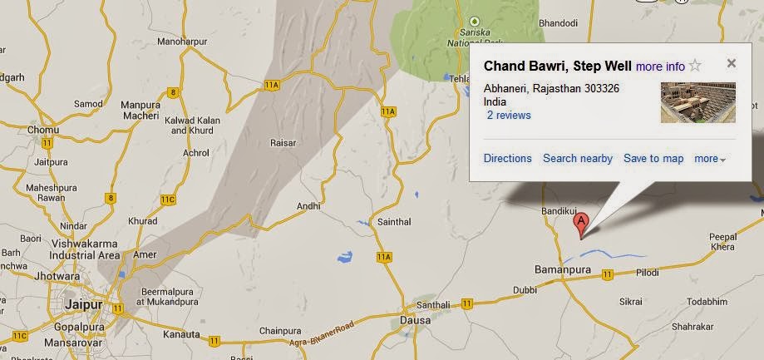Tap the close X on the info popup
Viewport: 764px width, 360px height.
pyautogui.click(x=731, y=63)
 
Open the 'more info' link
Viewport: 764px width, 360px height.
pyautogui.click(x=660, y=67)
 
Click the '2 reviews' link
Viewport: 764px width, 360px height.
pyautogui.click(x=509, y=116)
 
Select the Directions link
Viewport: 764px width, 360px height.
pyautogui.click(x=507, y=158)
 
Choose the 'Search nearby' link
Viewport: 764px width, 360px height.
pyautogui.click(x=578, y=158)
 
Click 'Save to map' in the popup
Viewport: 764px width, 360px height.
pyautogui.click(x=653, y=158)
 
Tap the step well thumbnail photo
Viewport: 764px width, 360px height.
pyautogui.click(x=697, y=102)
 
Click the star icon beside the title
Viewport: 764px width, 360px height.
pyautogui.click(x=696, y=66)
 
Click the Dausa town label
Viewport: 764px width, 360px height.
pyautogui.click(x=415, y=320)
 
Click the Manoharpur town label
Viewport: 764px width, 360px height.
pyautogui.click(x=181, y=41)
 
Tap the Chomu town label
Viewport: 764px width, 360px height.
pyautogui.click(x=43, y=130)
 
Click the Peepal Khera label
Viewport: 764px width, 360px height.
pyautogui.click(x=722, y=242)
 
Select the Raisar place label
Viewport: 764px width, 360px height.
pyautogui.click(x=283, y=143)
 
